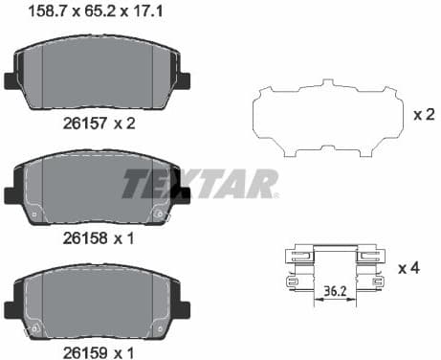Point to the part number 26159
pos(78,347)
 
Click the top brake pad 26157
pos(99,75)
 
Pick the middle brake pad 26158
pos(99,187)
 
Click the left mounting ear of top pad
pos(13,80)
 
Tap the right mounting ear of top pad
pos(182,80)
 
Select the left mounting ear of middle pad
pos(13,192)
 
